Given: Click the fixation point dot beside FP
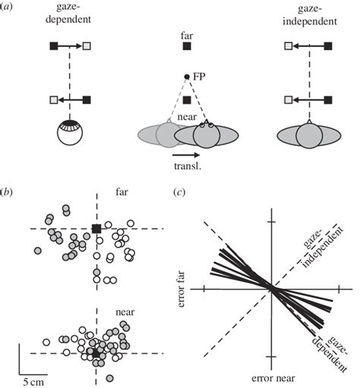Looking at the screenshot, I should [x=187, y=75].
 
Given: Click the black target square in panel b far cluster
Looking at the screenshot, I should [x=96, y=229].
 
